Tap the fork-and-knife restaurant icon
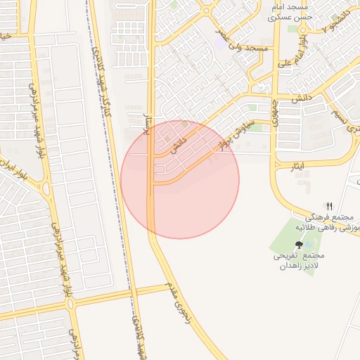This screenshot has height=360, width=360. pyautogui.click(x=329, y=205)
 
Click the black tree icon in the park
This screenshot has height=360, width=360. pyautogui.click(x=300, y=244)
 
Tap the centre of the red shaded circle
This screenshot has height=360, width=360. pyautogui.click(x=180, y=179)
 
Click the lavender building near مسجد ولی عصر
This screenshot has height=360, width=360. pyautogui.click(x=221, y=41)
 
